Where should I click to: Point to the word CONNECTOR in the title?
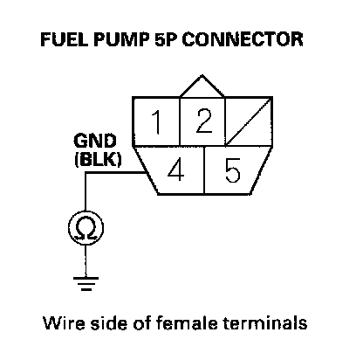pos(243,39)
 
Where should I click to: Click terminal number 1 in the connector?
pos(156,122)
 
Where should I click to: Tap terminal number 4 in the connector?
pos(175,170)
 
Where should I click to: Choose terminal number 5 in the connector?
pos(233,170)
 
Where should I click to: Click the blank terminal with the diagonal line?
pos(249,122)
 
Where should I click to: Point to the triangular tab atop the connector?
pos(202,87)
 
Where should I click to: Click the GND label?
pos(95,141)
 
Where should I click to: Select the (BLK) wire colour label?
pos(98,159)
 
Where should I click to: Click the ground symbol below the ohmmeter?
pos(86,283)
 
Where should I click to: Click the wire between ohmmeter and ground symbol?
pos(86,261)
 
